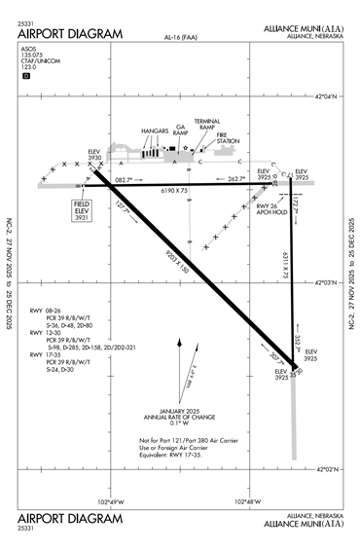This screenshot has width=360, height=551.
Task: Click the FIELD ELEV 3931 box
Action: click(82, 211)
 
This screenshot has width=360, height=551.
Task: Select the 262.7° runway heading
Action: click(236, 179)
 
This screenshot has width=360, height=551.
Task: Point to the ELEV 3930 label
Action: click(94, 155)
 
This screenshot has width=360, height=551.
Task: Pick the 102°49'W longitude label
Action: click(113, 502)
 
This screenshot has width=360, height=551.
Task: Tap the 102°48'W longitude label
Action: click(249, 502)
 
